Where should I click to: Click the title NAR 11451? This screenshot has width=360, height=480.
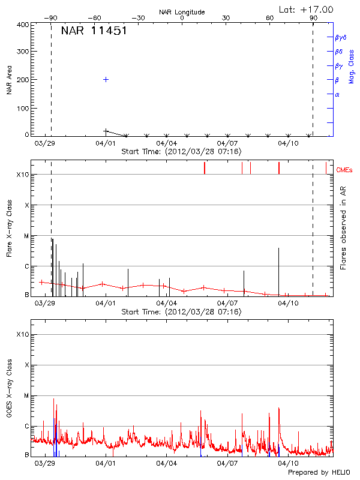click(94, 31)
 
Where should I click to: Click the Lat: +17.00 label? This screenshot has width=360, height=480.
click(307, 10)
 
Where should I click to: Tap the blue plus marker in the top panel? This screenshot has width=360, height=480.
click(106, 79)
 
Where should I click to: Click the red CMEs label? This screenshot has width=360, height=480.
click(345, 170)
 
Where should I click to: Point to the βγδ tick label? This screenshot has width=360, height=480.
click(340, 37)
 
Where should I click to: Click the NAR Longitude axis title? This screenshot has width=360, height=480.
click(182, 12)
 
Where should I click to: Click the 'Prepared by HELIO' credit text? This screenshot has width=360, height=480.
click(319, 472)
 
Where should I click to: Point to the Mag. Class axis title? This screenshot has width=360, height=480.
click(351, 66)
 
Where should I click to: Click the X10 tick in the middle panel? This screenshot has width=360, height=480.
click(23, 175)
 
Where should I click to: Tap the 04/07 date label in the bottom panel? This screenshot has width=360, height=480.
click(227, 463)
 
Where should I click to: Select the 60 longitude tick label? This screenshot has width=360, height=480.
click(270, 18)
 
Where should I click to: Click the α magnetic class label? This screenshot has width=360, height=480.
click(337, 94)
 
